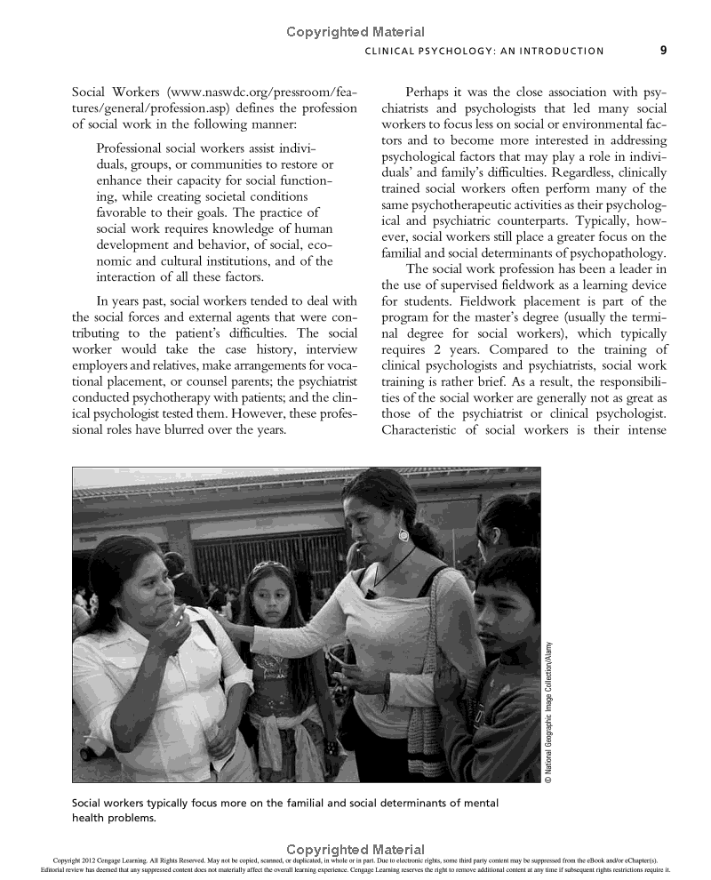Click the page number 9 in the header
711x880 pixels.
(663, 51)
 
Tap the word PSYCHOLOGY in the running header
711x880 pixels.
(459, 52)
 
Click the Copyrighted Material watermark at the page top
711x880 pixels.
(355, 32)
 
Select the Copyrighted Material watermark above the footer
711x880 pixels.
(355, 850)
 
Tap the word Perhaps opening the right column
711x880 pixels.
(430, 92)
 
